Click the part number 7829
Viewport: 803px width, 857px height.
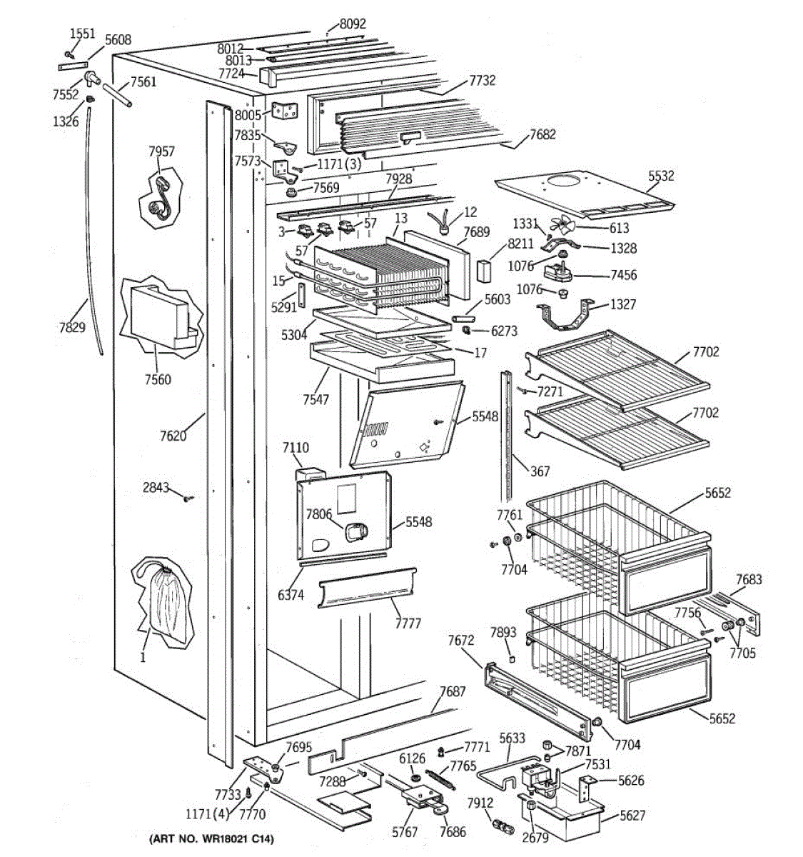point(72,328)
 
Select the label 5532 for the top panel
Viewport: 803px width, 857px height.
point(661,176)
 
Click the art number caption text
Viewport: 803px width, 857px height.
point(211,838)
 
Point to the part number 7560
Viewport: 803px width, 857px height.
point(157,379)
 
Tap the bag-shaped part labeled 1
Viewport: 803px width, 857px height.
point(163,600)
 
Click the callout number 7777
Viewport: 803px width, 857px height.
point(408,623)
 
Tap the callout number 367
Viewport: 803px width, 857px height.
point(540,471)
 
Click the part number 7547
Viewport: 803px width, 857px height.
point(315,399)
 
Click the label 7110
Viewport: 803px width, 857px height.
point(296,448)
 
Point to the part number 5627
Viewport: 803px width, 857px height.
point(632,816)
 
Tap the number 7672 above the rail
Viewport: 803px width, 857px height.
point(461,640)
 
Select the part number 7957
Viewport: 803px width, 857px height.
point(161,151)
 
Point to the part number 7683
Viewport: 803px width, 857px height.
point(749,579)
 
